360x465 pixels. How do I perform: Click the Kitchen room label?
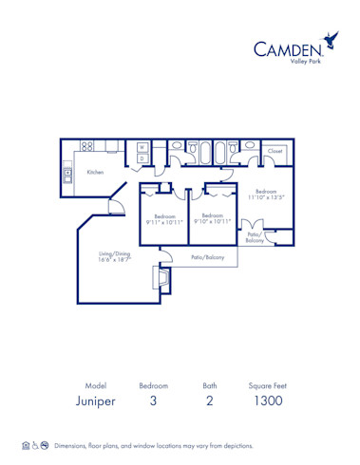(95, 172)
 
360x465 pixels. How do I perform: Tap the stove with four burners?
(87, 146)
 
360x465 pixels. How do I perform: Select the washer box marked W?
(142, 147)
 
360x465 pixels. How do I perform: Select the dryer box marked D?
(142, 158)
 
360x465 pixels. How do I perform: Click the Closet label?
(275, 150)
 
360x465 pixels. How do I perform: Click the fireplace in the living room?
(161, 280)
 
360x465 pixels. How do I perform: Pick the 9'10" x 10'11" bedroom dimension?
(212, 220)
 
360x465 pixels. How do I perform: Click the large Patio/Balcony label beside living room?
(207, 256)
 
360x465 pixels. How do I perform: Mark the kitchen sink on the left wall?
(67, 174)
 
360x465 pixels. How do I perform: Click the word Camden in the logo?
(287, 48)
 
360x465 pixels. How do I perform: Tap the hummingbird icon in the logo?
(332, 41)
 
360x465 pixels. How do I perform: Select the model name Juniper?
(95, 401)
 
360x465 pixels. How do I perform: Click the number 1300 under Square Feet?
(267, 401)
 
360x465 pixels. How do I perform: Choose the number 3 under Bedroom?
(154, 401)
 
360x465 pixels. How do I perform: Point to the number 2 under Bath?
(209, 401)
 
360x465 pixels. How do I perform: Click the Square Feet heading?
(267, 386)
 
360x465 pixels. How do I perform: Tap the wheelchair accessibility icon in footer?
(35, 445)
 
